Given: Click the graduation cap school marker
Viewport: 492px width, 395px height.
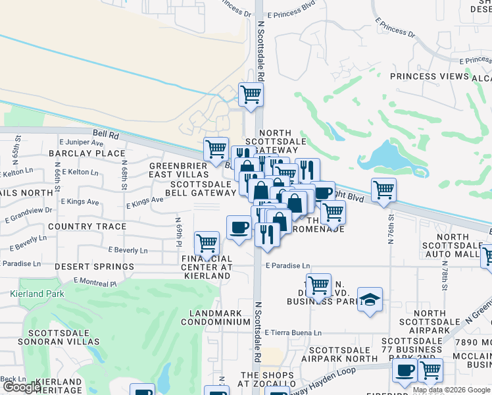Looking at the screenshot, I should pos(370,300).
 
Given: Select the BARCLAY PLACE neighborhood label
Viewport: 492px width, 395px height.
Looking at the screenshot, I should pos(86,153).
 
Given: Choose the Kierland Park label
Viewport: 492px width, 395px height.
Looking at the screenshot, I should pos(37,294).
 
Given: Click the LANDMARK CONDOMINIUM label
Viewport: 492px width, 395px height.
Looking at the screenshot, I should pos(219,317).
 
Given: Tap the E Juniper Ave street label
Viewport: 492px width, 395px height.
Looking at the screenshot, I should pos(81,142).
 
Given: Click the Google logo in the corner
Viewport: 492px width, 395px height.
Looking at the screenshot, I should pos(21,387).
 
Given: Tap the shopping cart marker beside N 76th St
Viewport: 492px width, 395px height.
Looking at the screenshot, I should pos(383,190).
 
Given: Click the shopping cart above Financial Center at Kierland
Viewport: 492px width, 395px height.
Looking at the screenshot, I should pos(207,243).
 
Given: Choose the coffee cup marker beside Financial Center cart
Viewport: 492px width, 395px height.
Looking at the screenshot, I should pos(239,227).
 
